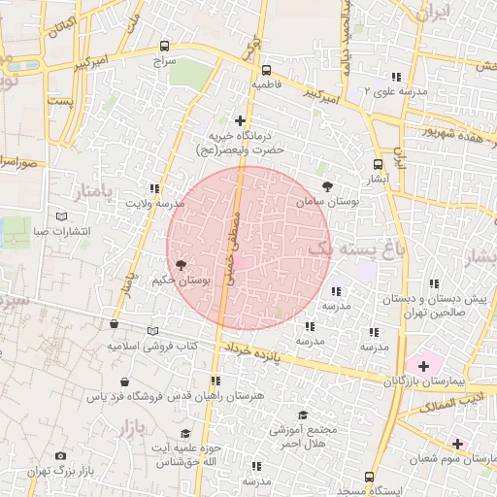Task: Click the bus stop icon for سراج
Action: tap(163, 46)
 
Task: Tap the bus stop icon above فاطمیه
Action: tap(265, 70)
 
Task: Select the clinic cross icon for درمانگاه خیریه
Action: tap(241, 119)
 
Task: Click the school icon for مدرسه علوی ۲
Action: tap(394, 77)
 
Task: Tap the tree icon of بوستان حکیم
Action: tap(181, 264)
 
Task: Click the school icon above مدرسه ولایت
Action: tap(153, 188)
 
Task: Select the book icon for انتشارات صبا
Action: tap(62, 215)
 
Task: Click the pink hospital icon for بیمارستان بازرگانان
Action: tap(421, 365)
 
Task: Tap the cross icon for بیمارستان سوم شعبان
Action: tap(457, 443)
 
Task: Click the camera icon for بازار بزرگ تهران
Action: tap(61, 455)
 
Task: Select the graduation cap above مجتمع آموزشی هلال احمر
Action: tap(304, 414)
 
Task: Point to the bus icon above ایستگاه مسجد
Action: tap(369, 476)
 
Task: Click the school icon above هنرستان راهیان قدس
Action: tap(215, 381)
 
